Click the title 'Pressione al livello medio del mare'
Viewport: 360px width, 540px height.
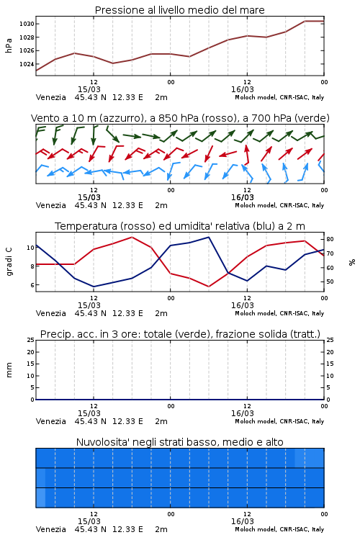[x=179, y=10]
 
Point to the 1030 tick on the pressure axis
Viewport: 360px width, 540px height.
[x=27, y=24]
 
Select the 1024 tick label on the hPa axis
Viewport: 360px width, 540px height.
[x=27, y=64]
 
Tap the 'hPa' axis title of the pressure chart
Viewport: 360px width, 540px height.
[x=9, y=45]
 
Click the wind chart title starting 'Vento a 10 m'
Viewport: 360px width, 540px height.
[x=180, y=118]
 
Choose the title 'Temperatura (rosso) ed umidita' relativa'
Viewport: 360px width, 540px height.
[x=180, y=226]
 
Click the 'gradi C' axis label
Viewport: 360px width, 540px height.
[x=9, y=261]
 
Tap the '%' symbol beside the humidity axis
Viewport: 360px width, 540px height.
[x=352, y=262]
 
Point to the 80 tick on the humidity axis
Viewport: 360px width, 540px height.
[x=330, y=239]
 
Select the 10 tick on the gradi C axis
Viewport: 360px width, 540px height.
[x=30, y=248]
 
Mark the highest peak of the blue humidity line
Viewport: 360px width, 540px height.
[x=209, y=237]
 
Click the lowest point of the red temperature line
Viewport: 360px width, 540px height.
[x=209, y=287]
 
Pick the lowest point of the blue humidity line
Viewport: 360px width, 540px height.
[x=94, y=287]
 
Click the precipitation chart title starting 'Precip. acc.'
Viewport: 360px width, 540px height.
[x=180, y=334]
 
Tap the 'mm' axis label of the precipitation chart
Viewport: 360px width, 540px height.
[x=9, y=370]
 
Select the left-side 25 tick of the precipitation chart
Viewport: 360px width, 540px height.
[x=31, y=340]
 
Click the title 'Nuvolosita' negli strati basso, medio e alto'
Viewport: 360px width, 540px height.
[x=179, y=442]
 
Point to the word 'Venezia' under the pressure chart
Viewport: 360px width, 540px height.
[x=51, y=97]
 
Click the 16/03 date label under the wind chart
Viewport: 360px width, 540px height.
[x=243, y=197]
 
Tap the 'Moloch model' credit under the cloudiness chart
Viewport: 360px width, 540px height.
[x=256, y=529]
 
